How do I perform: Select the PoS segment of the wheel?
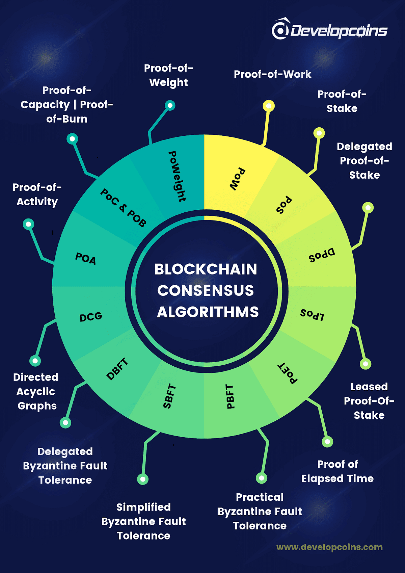pos(283,205)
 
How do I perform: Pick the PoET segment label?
pos(288,373)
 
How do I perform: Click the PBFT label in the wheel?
pos(230,396)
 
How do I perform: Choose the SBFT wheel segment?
pos(169,396)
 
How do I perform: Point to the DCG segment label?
pos(90,317)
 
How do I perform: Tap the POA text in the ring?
pos(85,259)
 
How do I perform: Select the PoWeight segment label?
pos(177,176)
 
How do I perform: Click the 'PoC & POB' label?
pos(123,208)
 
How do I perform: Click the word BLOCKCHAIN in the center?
pos(206,269)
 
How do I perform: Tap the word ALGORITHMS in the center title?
pos(208,312)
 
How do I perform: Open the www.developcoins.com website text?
pos(329,547)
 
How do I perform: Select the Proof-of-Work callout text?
pos(272,74)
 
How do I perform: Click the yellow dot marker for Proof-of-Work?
pos(269,106)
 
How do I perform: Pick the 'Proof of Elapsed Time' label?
pos(337,471)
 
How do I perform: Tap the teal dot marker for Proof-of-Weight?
pos(170,105)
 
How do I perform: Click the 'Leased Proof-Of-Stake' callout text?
pos(369,401)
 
